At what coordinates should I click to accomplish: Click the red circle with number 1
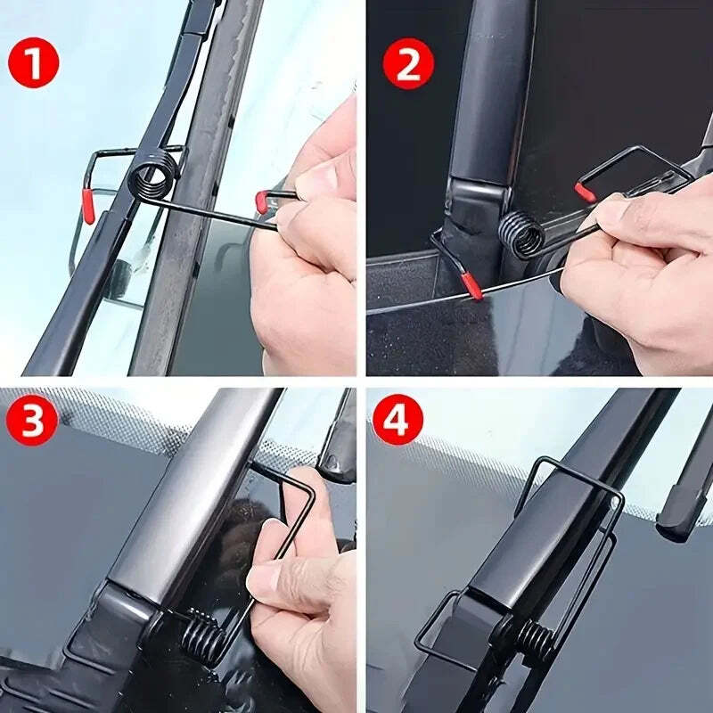click(x=33, y=63)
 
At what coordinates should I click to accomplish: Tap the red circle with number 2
click(x=408, y=63)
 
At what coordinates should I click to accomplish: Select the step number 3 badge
click(x=33, y=420)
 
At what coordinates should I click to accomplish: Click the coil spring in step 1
click(x=151, y=175)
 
